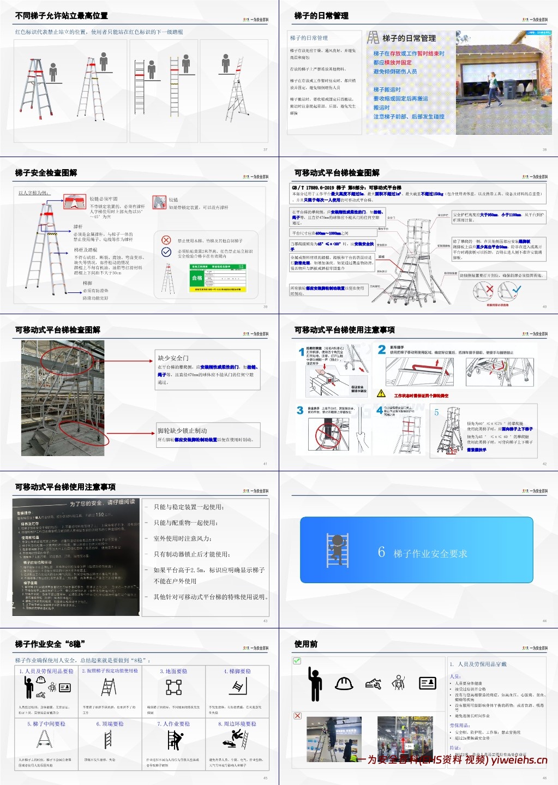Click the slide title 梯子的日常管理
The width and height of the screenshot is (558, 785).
tap(321, 16)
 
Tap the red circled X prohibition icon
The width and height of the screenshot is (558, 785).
tap(166, 240)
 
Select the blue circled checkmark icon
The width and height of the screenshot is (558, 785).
tap(166, 251)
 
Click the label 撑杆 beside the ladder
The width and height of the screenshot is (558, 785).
tap(78, 226)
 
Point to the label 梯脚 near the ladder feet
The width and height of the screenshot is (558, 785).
tap(87, 283)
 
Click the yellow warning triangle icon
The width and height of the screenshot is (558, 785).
tap(381, 393)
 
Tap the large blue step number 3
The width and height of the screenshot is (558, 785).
tap(300, 410)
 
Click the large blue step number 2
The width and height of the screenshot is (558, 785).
tap(382, 350)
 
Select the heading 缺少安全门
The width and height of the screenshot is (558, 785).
tap(173, 358)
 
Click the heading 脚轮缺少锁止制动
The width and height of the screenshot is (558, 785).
tap(182, 430)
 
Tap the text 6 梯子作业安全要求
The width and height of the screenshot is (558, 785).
tap(423, 553)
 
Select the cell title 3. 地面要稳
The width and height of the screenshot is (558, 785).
tap(173, 671)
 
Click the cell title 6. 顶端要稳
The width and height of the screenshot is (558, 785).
tap(110, 724)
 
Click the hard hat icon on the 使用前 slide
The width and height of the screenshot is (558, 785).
tap(344, 683)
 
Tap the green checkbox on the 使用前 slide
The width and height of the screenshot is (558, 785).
tap(297, 661)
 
